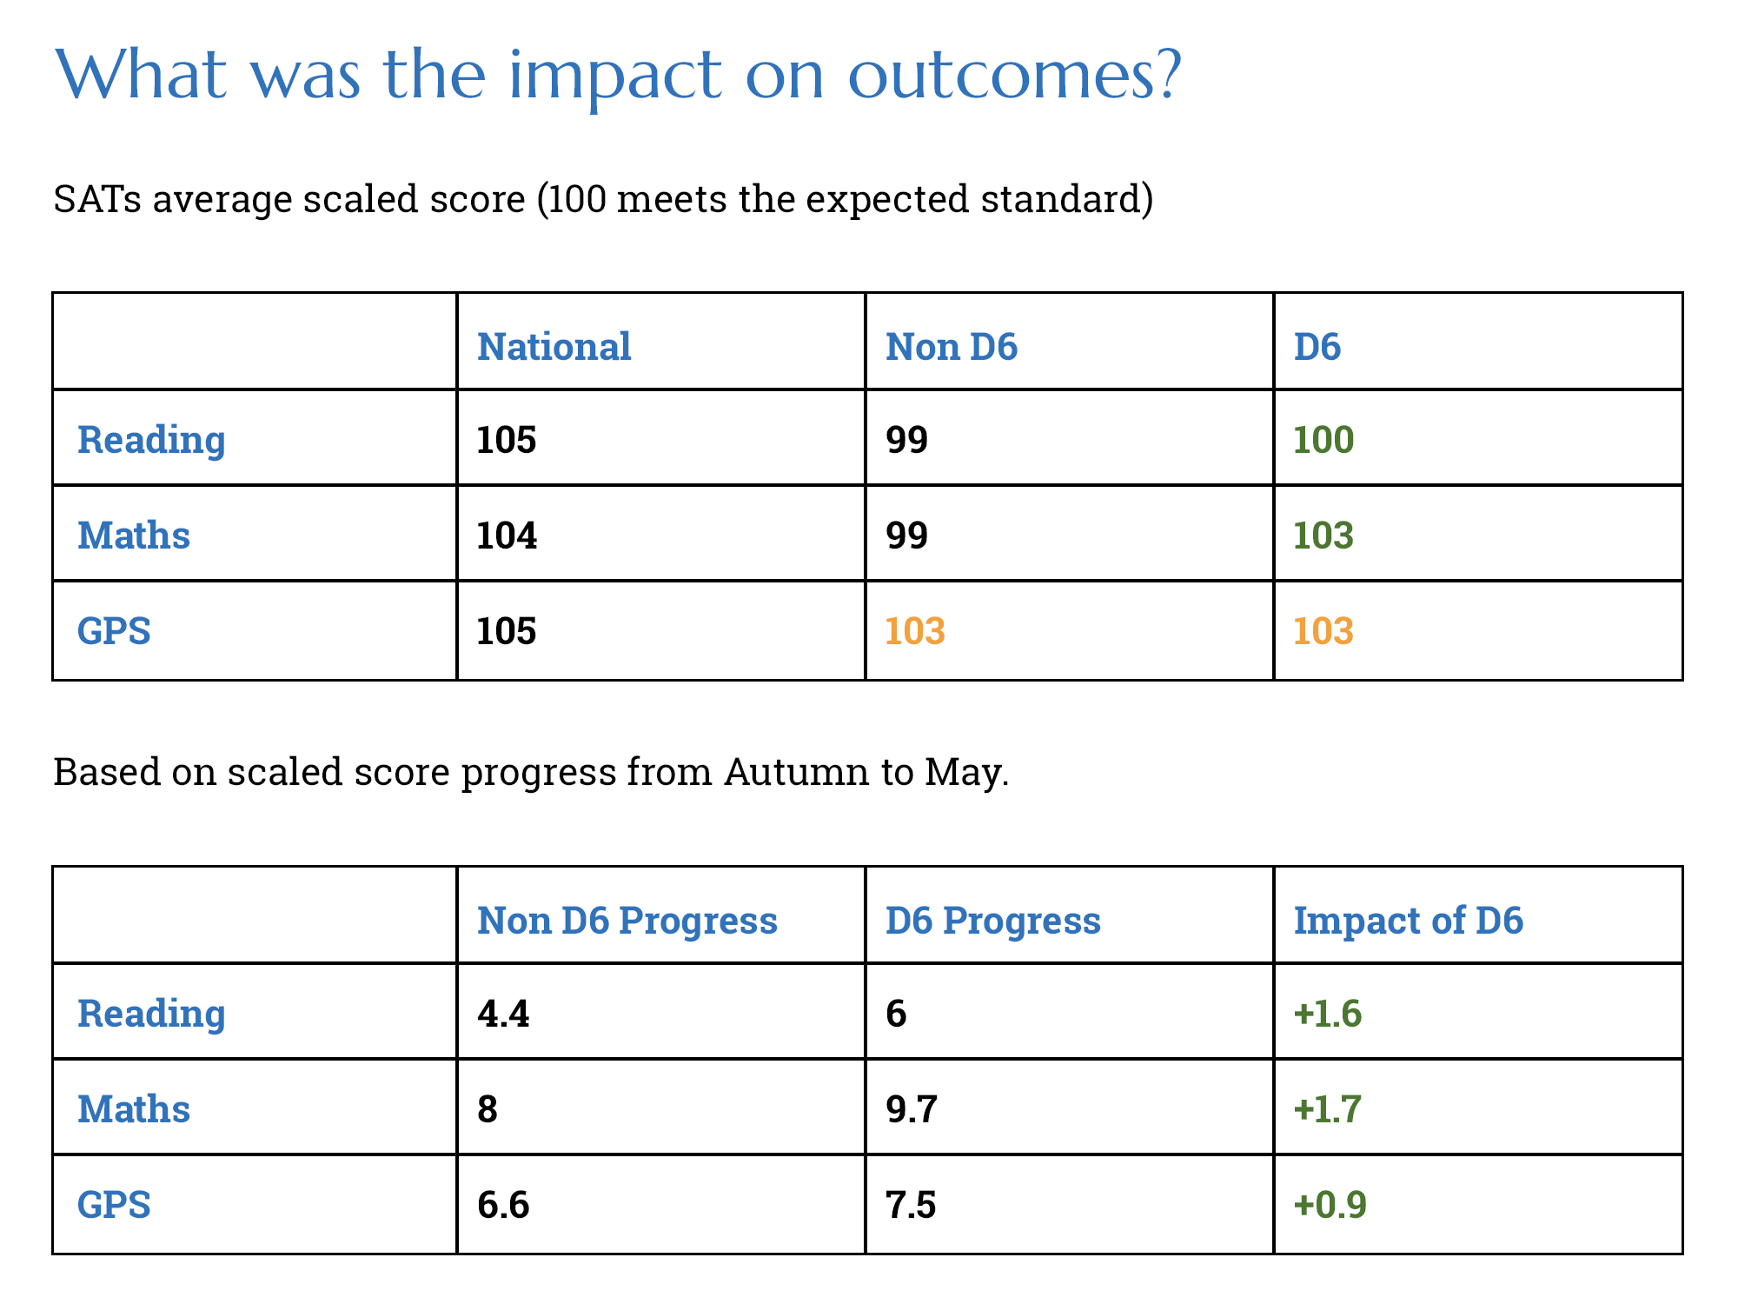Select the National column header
554,346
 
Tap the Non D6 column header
952,346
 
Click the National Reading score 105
507,439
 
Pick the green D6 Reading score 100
1323,439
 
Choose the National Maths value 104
507,535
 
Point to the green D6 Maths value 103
1323,535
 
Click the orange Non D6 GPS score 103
915,630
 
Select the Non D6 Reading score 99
907,439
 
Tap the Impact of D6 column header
1409,920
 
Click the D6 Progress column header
993,920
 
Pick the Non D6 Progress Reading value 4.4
503,1013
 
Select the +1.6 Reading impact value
1328,1013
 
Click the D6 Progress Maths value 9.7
912,1108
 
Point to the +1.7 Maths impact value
1328,1108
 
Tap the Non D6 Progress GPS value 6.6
503,1204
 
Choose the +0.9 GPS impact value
1330,1204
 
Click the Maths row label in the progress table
134,1108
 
